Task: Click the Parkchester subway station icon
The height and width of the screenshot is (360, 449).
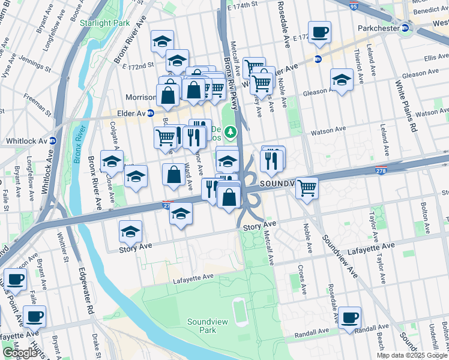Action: point(405,28)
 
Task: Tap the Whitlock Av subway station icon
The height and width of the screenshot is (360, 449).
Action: point(53,141)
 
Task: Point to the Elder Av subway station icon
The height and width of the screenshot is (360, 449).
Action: point(151,113)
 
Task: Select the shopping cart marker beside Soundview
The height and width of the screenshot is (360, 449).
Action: point(307,188)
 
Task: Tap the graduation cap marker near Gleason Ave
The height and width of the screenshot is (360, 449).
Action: point(342,80)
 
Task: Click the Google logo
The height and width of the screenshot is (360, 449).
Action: point(20,353)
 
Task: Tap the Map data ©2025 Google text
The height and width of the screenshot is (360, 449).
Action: point(412,355)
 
